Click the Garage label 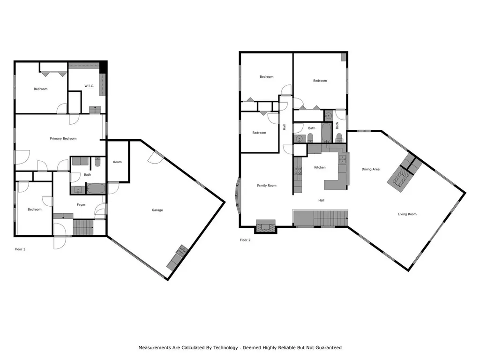[157, 210]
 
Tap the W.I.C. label [89, 85]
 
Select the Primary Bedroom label [63, 138]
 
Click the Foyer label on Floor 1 [81, 205]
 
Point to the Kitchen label [320, 167]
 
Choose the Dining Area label [370, 169]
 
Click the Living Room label [407, 214]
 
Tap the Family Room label [267, 186]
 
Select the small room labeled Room [117, 162]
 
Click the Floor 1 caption [20, 249]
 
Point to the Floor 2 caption [245, 240]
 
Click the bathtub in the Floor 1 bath [97, 189]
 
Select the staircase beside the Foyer [83, 228]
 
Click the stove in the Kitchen [297, 172]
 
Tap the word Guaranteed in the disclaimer [326, 348]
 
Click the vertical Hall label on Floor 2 [284, 127]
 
